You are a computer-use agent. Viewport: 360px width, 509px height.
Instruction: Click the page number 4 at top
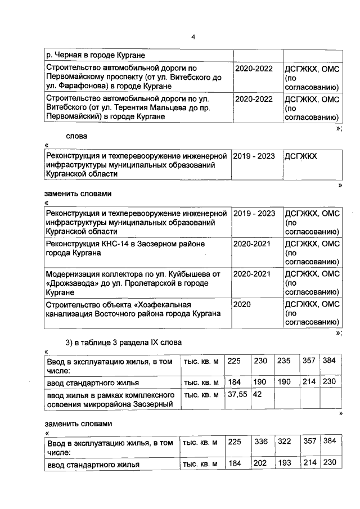192,37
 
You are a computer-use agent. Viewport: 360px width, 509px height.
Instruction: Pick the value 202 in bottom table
260,465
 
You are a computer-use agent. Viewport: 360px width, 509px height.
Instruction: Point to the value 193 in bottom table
285,465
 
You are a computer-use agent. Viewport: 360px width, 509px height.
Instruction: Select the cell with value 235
285,361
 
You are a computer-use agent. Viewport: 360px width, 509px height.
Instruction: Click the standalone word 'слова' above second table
76,136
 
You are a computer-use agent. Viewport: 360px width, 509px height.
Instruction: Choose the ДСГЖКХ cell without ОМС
301,156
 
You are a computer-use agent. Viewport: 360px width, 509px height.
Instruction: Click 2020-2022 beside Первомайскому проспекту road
254,68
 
